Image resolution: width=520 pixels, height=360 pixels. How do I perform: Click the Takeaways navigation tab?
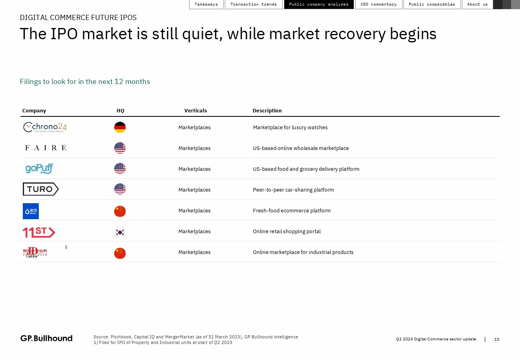tap(206, 4)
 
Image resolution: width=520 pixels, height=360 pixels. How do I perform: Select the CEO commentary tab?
tap(379, 4)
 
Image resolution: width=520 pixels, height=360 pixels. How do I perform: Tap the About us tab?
tap(477, 4)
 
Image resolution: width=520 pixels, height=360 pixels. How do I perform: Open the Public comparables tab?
tap(432, 4)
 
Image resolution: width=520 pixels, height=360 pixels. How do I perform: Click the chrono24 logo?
tap(45, 127)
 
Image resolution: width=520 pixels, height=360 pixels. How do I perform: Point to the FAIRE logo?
tap(46, 148)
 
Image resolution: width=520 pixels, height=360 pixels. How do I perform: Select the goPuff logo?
tap(39, 168)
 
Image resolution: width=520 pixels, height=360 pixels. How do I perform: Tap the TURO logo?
tap(41, 189)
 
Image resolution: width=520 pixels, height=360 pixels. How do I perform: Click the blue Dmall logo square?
tap(31, 211)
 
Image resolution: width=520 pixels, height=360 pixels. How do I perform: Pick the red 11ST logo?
tap(39, 232)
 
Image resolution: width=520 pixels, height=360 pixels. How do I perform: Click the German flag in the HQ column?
tap(120, 127)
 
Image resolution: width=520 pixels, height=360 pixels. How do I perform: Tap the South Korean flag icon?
tap(120, 232)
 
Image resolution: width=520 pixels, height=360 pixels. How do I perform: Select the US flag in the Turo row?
tap(120, 189)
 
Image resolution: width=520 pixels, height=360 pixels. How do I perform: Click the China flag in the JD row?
tap(120, 253)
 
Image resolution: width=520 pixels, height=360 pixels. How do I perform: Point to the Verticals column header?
tap(196, 110)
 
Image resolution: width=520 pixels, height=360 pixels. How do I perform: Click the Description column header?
tap(267, 110)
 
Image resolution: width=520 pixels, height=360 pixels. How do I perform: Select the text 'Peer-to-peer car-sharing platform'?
tap(294, 190)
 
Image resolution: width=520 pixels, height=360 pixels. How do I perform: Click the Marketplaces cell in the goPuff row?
tap(194, 169)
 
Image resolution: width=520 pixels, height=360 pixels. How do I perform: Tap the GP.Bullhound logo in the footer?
tap(46, 338)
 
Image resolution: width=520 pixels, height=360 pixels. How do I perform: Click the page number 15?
tap(497, 339)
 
